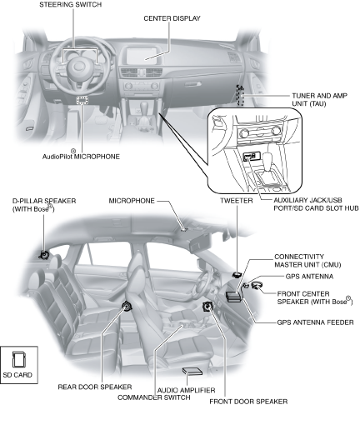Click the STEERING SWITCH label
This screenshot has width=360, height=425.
tap(70, 5)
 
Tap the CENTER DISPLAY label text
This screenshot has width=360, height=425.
tap(172, 18)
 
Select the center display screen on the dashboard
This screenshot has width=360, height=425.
tap(142, 56)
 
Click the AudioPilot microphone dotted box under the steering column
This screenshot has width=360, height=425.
tap(82, 100)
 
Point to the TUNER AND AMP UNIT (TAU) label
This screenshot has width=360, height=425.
tap(319, 99)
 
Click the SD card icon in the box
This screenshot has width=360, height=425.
tap(19, 359)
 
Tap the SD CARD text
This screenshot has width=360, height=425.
tap(17, 375)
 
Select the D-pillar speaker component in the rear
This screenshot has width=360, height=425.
tap(44, 254)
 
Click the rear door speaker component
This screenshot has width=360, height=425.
tap(127, 307)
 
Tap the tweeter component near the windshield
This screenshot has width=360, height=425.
tap(237, 275)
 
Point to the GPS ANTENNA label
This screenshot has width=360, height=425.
tap(309, 277)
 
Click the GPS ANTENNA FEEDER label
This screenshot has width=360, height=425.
tap(315, 322)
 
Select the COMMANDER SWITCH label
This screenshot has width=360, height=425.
tap(154, 397)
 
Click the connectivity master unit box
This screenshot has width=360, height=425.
tap(233, 297)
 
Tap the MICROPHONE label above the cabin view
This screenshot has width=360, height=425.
tap(132, 201)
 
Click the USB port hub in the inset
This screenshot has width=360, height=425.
tap(249, 157)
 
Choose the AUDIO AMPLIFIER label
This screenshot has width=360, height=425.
tap(186, 390)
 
